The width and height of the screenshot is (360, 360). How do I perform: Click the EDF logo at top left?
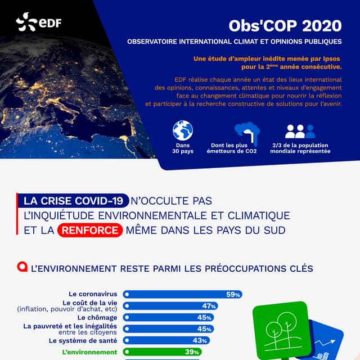click(x=38, y=22)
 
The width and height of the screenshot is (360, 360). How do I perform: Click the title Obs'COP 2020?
click(x=285, y=26)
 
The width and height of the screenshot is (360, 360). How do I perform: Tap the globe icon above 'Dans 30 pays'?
click(x=183, y=131)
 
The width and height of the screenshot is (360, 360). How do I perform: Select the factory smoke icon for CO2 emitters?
click(x=246, y=133)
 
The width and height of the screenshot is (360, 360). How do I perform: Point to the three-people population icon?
click(x=300, y=132)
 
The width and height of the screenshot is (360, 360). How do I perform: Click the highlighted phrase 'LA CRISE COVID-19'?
click(x=73, y=201)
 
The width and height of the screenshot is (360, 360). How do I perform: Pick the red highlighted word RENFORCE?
click(x=90, y=230)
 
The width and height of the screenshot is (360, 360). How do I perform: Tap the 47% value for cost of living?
click(x=209, y=306)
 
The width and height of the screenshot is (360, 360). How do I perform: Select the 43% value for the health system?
click(x=200, y=340)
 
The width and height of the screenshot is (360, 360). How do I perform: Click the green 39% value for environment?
click(x=192, y=352)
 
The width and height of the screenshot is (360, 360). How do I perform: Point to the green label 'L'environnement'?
click(x=90, y=352)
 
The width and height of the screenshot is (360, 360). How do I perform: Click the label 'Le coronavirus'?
click(x=93, y=294)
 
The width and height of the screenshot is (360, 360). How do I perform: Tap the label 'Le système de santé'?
click(x=83, y=340)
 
